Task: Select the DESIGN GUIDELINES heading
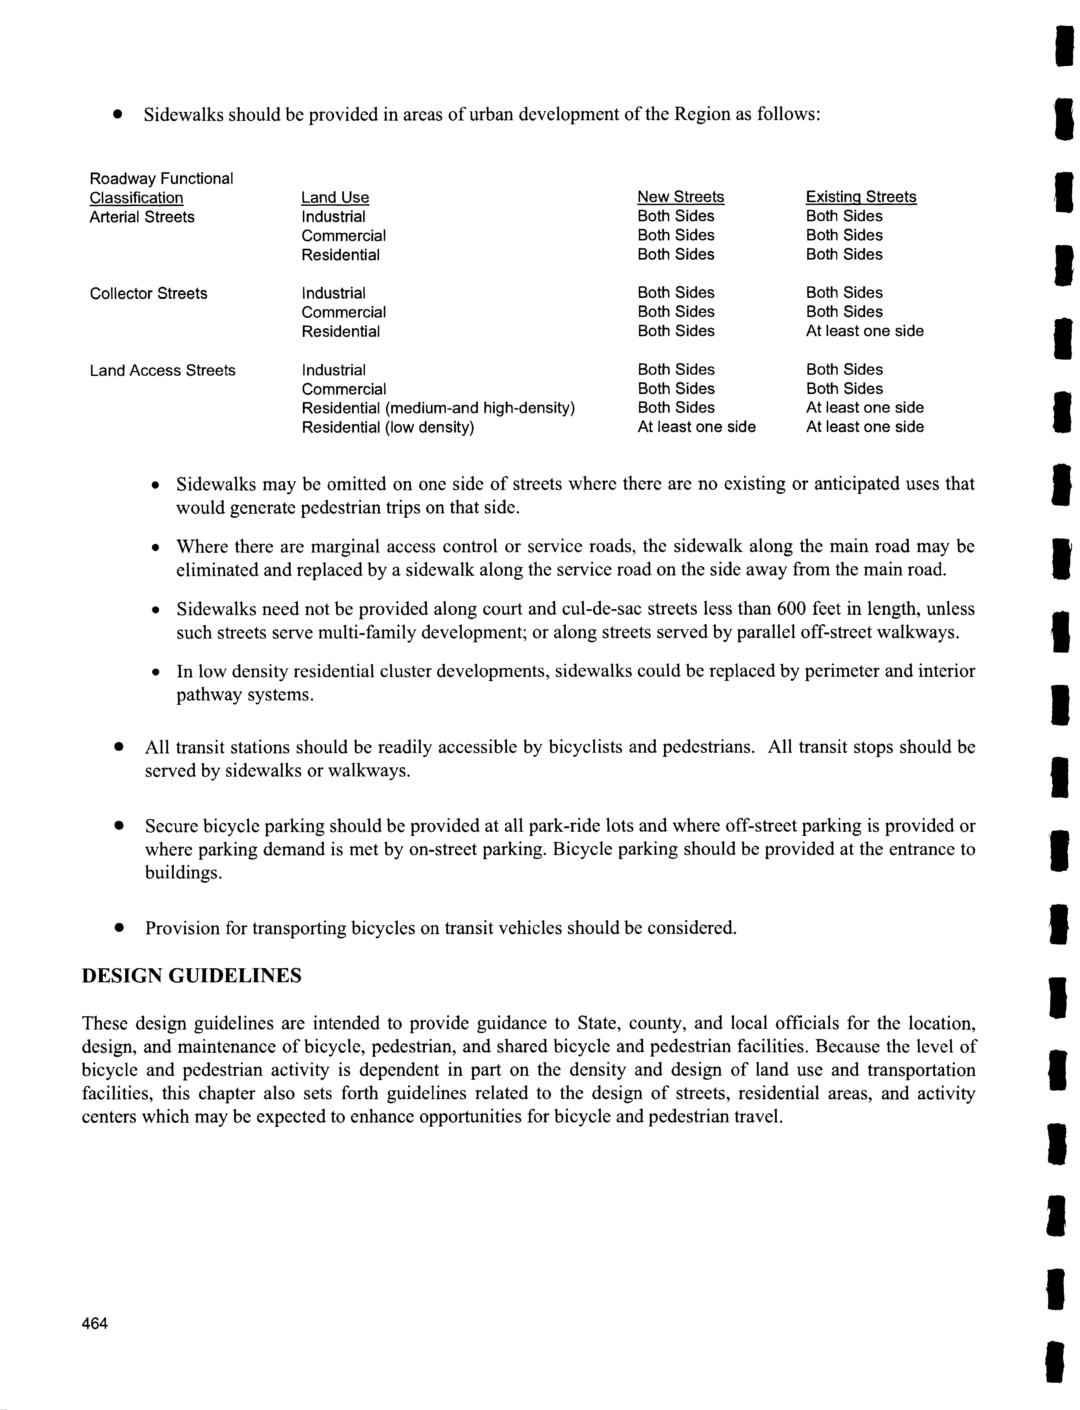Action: pos(192,975)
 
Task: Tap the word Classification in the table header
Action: pos(136,198)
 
